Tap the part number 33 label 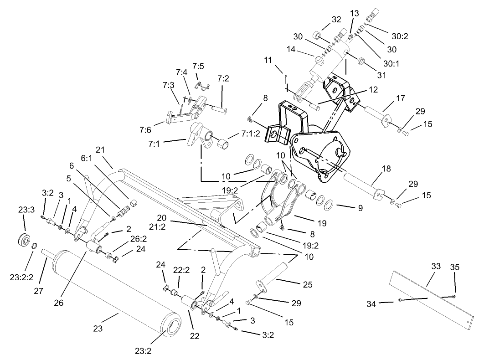[436, 266]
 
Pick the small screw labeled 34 [400, 299]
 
